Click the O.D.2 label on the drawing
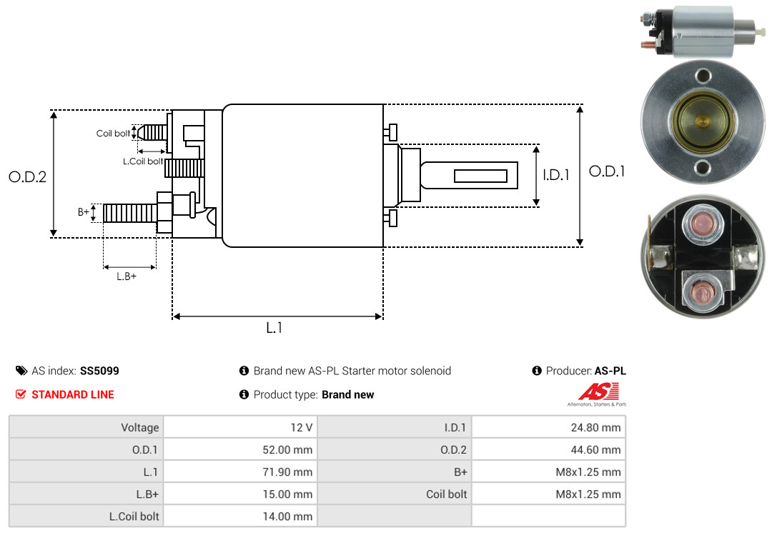28,176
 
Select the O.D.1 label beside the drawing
607,171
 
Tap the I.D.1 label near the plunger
556,175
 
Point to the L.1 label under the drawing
274,328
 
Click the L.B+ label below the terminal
127,276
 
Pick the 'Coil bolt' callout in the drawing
113,134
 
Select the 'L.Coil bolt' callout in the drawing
143,161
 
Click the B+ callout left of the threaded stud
83,212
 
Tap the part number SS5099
99,371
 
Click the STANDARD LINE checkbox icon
21,394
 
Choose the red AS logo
598,391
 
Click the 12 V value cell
240,427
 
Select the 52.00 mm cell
240,449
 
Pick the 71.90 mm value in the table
287,472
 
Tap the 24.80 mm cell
548,427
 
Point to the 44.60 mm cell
548,449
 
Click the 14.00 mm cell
240,516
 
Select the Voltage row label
140,427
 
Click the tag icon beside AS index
21,371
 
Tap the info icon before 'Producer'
537,371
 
